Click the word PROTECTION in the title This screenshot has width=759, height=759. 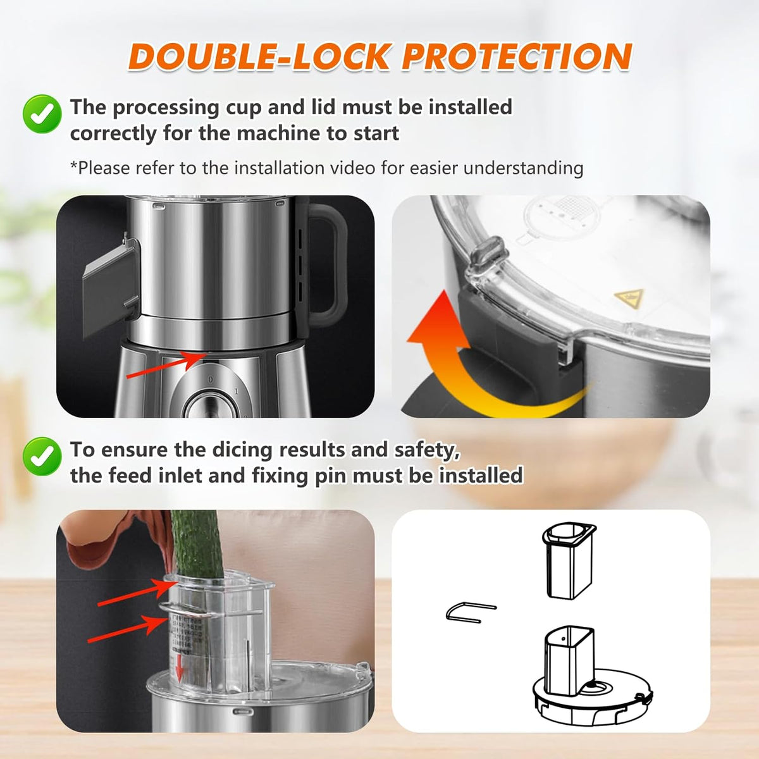click(517, 57)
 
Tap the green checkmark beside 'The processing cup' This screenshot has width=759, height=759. click(42, 114)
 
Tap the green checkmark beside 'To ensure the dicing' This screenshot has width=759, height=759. click(42, 456)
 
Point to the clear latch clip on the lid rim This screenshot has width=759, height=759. click(486, 253)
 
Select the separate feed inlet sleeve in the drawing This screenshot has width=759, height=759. click(569, 560)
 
